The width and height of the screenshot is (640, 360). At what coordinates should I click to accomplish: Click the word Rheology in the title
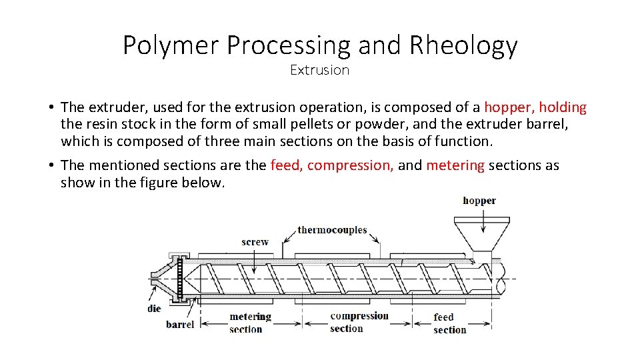point(463,45)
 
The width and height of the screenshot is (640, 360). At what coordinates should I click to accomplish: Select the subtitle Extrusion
point(319,70)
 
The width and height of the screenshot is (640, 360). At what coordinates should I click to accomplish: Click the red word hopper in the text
point(509,107)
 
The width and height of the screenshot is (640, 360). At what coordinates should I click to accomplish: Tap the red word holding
point(563,107)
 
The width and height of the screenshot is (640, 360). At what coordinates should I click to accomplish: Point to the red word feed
point(285,165)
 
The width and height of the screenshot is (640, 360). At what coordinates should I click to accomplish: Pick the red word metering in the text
point(455,165)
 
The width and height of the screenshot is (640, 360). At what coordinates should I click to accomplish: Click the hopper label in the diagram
point(479,201)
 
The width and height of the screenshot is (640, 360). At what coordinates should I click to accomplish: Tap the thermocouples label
point(332,230)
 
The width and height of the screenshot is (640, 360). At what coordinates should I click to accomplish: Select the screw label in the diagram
point(255,242)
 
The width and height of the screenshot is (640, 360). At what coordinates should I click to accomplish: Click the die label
point(154,309)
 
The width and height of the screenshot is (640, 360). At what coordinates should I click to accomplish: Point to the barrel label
point(180,325)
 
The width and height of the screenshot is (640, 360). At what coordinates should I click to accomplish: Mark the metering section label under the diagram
point(250,323)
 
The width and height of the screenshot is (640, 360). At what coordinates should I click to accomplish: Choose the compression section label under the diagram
point(359,322)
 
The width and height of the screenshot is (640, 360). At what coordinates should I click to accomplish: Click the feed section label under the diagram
point(449,323)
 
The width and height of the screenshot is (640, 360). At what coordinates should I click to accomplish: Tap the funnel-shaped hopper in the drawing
point(481,234)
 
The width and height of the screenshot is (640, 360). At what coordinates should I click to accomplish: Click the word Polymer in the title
point(171,45)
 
